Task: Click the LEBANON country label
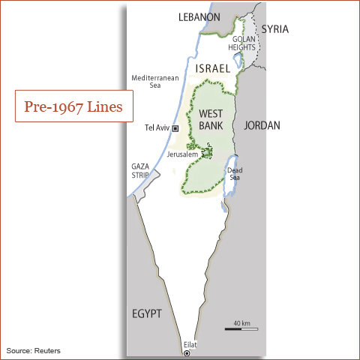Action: point(199,17)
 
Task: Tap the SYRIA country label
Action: point(274,29)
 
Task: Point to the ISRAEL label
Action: point(212,68)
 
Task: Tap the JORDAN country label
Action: point(262,125)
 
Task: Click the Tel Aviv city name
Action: point(157,128)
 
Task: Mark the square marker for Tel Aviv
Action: point(175,128)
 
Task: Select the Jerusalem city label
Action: point(182,154)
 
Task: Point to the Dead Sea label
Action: point(234,174)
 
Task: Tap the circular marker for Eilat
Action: point(187,352)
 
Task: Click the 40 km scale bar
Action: point(241,328)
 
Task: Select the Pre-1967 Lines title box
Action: point(74,106)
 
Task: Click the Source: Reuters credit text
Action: point(34,350)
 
